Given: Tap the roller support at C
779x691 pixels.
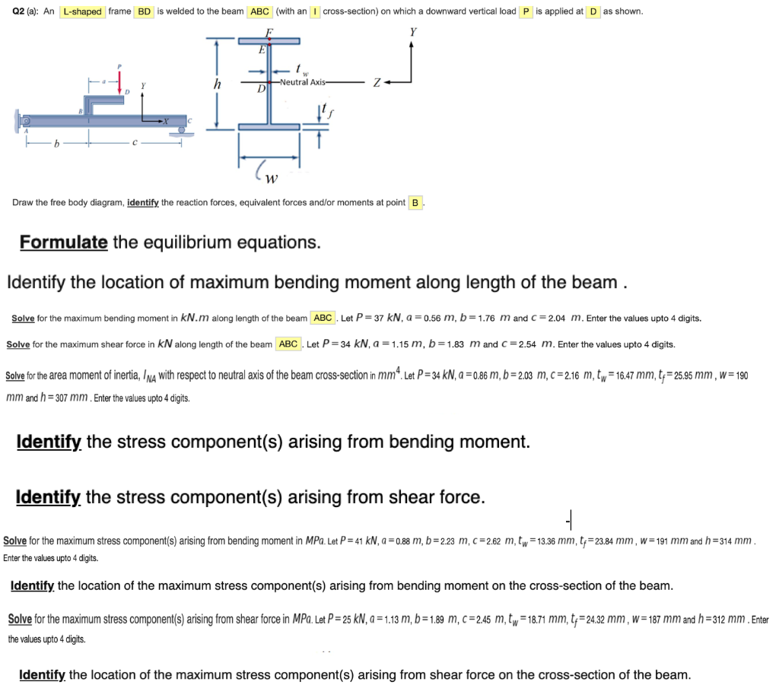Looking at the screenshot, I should pyautogui.click(x=183, y=131).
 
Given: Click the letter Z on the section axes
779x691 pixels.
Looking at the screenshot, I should pyautogui.click(x=376, y=82).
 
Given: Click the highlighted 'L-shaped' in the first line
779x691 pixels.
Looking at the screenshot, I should pyautogui.click(x=82, y=11).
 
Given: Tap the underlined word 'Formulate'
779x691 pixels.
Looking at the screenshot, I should pyautogui.click(x=63, y=242).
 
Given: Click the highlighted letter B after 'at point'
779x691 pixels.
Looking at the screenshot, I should pyautogui.click(x=415, y=203).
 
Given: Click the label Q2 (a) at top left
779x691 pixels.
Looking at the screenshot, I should pyautogui.click(x=30, y=11).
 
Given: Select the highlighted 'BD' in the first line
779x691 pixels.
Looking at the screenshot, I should pyautogui.click(x=144, y=11).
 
